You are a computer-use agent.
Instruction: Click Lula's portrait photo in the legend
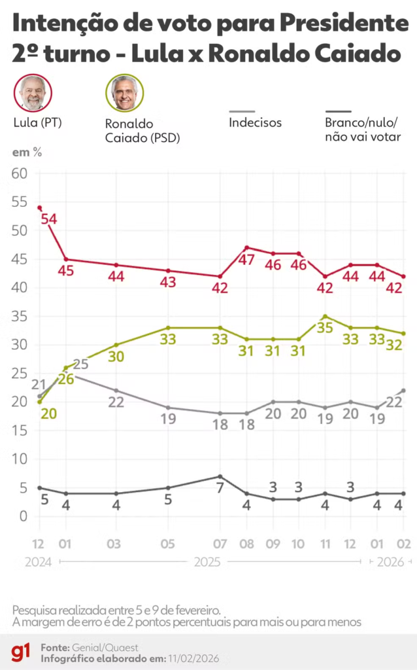[x=33, y=93]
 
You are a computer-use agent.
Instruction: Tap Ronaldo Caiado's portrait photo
[x=124, y=93]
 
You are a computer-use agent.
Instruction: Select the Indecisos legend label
[x=255, y=122]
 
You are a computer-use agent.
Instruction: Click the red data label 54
[x=49, y=219]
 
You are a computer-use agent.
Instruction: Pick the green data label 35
[x=325, y=328]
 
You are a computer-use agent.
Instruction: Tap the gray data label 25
[x=80, y=365]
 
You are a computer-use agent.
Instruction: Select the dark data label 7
[x=220, y=488]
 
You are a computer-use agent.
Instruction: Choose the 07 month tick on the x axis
[x=220, y=544]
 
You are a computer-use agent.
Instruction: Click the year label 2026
[x=391, y=561]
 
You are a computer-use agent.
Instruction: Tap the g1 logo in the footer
[x=20, y=652]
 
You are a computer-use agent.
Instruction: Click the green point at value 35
[x=325, y=316]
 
